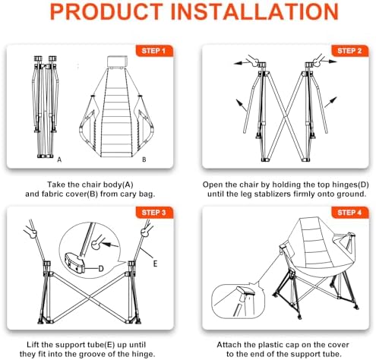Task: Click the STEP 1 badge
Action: tap(154, 51)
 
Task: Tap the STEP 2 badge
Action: tap(349, 51)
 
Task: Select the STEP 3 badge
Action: tap(154, 213)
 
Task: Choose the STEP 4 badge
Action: tap(349, 213)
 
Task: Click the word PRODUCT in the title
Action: tap(106, 11)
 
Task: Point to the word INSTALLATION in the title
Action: tap(254, 11)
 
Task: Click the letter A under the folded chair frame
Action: tap(59, 159)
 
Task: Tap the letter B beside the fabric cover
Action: tap(144, 159)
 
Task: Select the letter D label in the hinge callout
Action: tap(101, 269)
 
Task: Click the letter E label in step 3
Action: tap(155, 264)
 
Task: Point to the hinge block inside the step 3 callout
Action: tap(74, 262)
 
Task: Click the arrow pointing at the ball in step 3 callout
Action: tap(110, 245)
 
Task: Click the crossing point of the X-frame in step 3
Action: tap(90, 297)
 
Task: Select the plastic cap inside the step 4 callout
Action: tap(245, 291)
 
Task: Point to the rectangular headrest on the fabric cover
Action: tap(117, 62)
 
